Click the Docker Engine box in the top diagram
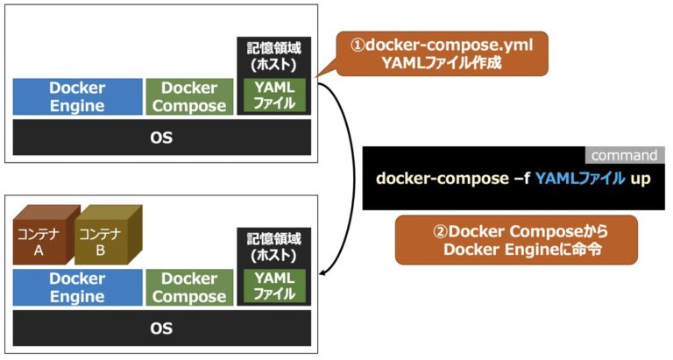(77, 96)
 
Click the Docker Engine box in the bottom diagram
(77, 287)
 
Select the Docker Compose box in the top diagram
(189, 96)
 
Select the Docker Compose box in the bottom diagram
(189, 287)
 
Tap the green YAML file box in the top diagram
(274, 95)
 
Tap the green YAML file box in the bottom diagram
(274, 286)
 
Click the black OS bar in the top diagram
(161, 138)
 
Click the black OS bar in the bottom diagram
(161, 328)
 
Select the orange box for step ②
(515, 239)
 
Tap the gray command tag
(624, 156)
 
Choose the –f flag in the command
(516, 179)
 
